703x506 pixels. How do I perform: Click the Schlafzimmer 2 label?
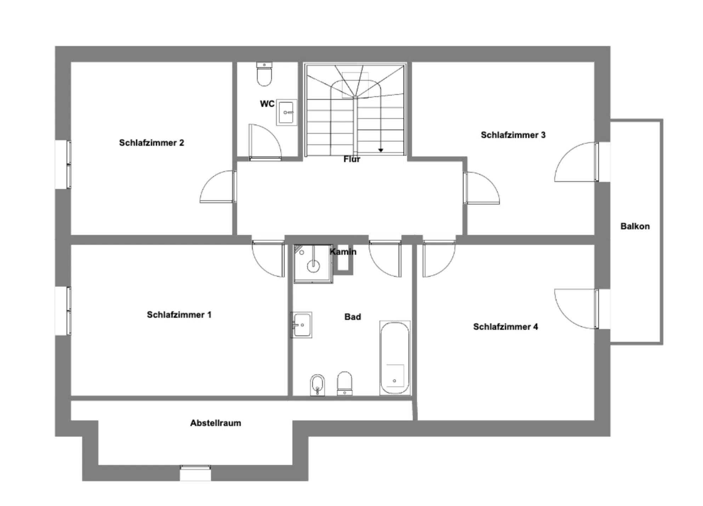coord(152,143)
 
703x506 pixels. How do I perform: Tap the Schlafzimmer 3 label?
coord(513,135)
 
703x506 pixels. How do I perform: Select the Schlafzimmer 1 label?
coord(179,315)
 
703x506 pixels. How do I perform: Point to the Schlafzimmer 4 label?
coord(505,327)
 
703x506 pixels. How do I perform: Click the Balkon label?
coord(635,226)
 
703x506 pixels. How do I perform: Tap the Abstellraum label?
coord(216,423)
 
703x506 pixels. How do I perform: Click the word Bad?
coord(353,317)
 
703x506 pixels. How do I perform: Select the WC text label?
coord(267,104)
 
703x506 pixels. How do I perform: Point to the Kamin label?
coord(343,252)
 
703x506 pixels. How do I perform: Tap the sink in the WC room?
coord(286,113)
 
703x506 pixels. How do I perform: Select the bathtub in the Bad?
coord(395,358)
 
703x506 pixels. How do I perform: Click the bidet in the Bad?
coord(317,385)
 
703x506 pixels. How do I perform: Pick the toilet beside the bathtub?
coord(344,383)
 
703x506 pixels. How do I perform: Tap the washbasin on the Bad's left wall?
coord(301,325)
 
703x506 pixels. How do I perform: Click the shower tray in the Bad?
coord(313,264)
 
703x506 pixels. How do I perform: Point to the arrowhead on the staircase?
coord(381,150)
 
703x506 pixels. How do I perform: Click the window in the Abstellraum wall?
coord(195,473)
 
